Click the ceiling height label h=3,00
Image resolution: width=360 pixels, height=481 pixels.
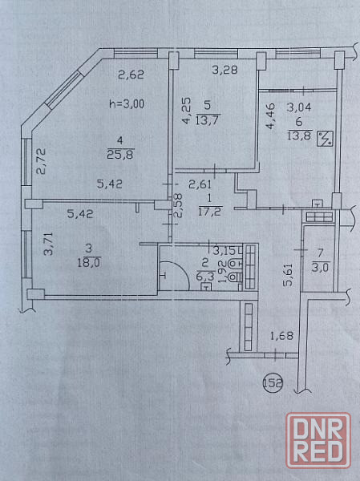pos(127,104)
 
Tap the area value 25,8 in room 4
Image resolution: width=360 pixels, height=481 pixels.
pos(120,155)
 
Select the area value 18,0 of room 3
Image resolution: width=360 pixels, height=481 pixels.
pos(89,263)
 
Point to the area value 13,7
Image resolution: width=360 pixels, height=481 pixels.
pos(207,120)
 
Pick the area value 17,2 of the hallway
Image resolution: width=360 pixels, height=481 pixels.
pos(210,212)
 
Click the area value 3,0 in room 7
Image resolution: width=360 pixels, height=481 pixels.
pos(321,267)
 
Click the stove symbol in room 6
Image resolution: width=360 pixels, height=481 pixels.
pos(326,139)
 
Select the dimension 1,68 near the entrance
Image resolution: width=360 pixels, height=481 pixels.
pos(281,336)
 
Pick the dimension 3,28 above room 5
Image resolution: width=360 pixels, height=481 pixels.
pos(225,71)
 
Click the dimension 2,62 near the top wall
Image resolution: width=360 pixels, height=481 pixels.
pos(131,75)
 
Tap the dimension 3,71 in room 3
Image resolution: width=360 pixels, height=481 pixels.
pos(48,244)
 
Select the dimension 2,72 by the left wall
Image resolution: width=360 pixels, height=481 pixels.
pos(41,161)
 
